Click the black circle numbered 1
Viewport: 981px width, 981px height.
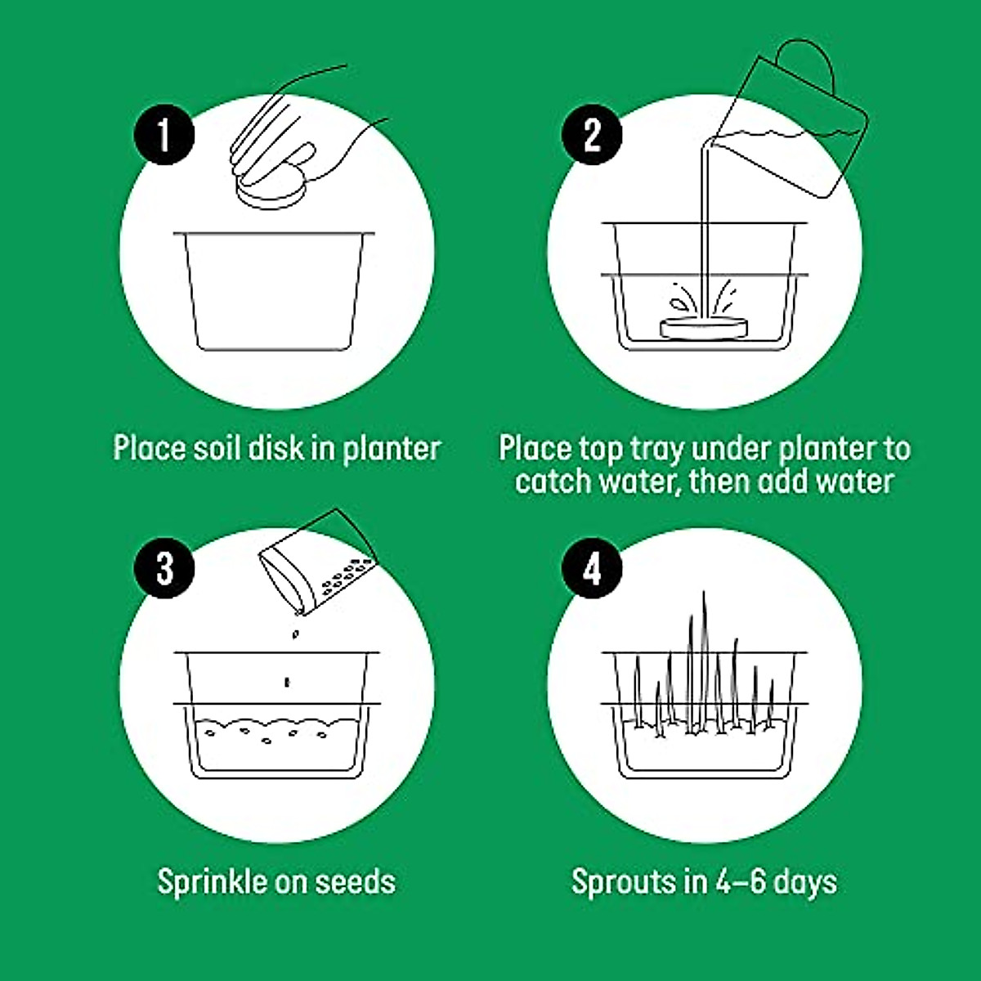[x=164, y=135]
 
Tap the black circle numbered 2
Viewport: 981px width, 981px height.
[x=592, y=135]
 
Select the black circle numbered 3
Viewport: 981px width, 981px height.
[x=164, y=567]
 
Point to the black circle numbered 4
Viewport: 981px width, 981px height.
[x=592, y=567]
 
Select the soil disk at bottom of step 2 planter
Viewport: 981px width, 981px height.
[x=704, y=327]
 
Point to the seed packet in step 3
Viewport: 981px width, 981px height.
[x=315, y=564]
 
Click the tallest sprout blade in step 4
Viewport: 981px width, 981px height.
[x=705, y=654]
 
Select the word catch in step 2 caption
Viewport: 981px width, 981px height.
[x=553, y=481]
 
